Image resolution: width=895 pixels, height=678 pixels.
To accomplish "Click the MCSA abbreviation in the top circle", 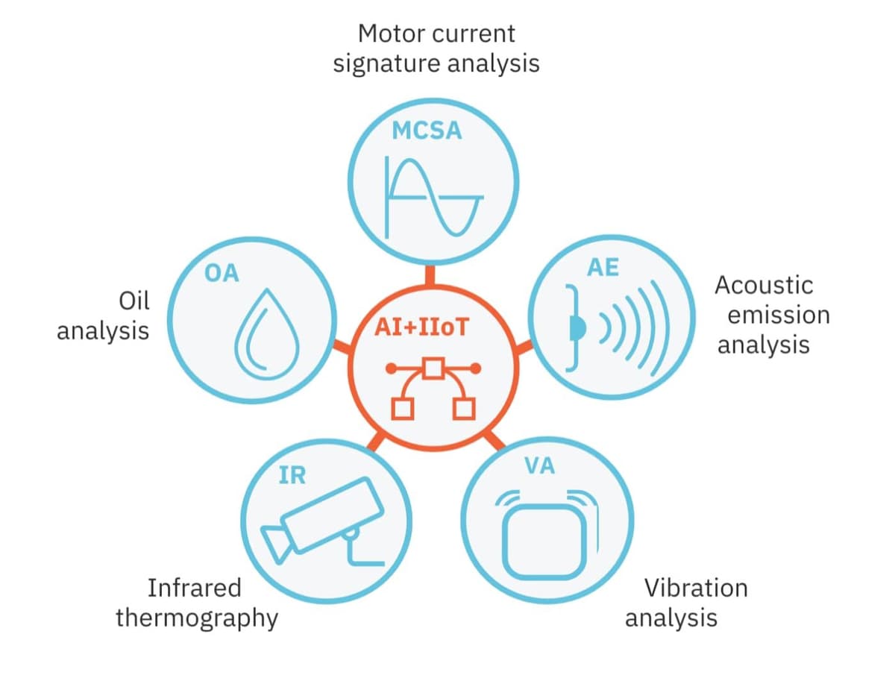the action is tap(427, 131).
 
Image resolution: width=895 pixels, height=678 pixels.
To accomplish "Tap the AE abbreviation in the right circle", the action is tap(603, 267).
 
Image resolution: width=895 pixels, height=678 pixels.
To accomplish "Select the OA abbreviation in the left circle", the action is tap(222, 273).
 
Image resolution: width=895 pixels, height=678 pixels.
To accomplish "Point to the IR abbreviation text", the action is tap(292, 475).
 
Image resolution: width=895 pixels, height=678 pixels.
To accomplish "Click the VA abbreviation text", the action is tap(539, 465).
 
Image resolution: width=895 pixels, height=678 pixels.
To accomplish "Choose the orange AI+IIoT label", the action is tap(421, 327).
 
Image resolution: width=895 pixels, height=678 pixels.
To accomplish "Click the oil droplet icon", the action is tap(266, 334).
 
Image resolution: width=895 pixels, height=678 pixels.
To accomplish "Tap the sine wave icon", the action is tap(434, 198).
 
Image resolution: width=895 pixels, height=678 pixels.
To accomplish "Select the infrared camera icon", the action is tap(322, 521).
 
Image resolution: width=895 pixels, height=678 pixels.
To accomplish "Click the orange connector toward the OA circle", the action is tap(342, 346).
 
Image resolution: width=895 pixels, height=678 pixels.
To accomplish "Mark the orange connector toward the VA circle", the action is tap(494, 440).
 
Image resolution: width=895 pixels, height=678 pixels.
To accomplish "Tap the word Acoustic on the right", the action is tap(764, 285).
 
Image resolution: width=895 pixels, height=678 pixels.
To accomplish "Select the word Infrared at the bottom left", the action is tap(195, 588).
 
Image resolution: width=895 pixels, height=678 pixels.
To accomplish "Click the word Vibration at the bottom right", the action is tap(696, 588).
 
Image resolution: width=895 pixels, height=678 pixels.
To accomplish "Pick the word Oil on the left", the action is tap(134, 301).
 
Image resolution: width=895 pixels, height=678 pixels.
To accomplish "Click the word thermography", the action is tap(197, 619).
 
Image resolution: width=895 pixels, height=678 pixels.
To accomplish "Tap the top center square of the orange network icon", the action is tap(433, 368).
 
